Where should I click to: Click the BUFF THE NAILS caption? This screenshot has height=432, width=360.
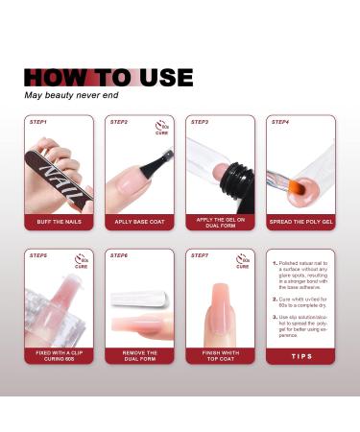click(60, 223)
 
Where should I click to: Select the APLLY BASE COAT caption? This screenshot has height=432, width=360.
click(140, 223)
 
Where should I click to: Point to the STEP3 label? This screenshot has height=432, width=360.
click(200, 123)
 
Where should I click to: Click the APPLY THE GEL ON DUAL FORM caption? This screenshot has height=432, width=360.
click(221, 223)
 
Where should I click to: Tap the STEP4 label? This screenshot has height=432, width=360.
click(280, 123)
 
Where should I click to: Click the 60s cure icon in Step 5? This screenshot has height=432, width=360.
click(83, 259)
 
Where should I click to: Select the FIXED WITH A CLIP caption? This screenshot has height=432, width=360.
click(60, 356)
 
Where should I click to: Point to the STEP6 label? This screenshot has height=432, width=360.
click(119, 255)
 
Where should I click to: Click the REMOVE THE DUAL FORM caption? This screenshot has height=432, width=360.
click(140, 356)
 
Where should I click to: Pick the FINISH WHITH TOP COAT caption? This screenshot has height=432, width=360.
click(221, 356)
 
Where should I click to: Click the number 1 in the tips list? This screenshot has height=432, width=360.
click(275, 262)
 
